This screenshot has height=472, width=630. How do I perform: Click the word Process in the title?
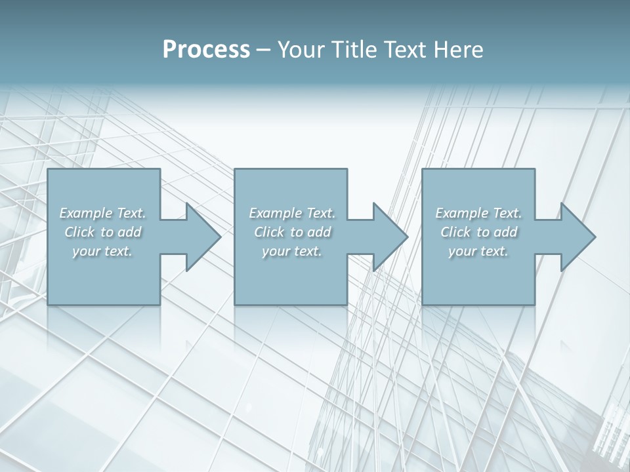(x=206, y=50)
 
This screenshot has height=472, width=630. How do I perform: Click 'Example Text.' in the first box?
(x=103, y=213)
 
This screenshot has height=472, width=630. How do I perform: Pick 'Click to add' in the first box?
(x=103, y=232)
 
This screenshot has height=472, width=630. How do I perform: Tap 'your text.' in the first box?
(x=102, y=251)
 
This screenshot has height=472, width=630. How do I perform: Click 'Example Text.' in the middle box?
(x=292, y=213)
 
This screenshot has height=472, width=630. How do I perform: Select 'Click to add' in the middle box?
(x=292, y=232)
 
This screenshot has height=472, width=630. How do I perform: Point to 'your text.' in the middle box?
(x=291, y=251)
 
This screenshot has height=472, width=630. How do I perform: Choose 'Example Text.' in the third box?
(x=478, y=213)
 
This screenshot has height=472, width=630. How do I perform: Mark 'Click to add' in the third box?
(x=478, y=232)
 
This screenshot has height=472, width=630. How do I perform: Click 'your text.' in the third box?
(x=478, y=251)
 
